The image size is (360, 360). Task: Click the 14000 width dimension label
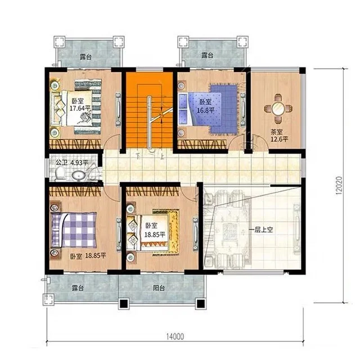(175, 336)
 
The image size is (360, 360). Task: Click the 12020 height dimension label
(339, 186)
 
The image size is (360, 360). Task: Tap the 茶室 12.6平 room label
(279, 136)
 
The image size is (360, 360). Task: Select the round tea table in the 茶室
(278, 109)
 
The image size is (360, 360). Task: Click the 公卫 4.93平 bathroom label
(72, 163)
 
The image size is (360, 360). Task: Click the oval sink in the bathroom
(79, 175)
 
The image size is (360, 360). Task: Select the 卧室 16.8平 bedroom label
(205, 106)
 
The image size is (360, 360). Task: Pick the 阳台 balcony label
(159, 287)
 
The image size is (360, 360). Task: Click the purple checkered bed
(74, 230)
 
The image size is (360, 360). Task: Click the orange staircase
(150, 110)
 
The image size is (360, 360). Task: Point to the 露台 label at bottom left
(78, 287)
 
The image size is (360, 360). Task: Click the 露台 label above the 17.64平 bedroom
(85, 56)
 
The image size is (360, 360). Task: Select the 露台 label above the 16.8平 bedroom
(208, 55)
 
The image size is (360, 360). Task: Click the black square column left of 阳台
(124, 304)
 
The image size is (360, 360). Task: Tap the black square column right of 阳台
(200, 304)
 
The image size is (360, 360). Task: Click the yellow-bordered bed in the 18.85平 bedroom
(152, 232)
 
